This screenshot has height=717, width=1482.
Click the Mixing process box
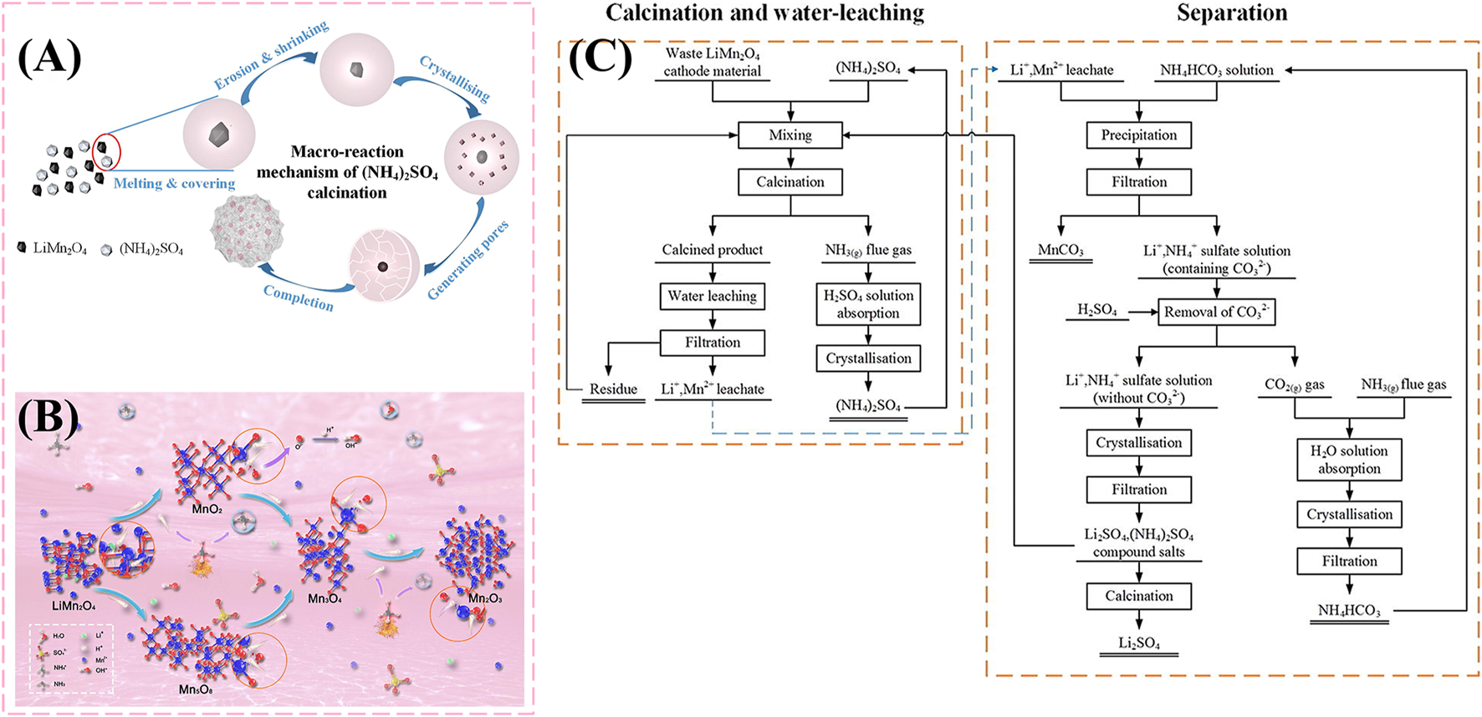coord(790,135)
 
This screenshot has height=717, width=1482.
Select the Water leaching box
coord(712,296)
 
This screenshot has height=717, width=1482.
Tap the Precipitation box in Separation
coord(1138,135)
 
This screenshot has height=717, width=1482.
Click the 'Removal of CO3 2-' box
coord(1216,312)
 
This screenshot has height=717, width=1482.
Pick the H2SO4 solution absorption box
coord(868,304)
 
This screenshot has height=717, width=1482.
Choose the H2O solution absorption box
coord(1348,460)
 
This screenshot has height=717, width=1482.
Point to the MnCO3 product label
coord(1060,251)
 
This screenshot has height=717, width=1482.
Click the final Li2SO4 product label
coord(1138,643)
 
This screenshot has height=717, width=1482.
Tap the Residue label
coord(613,389)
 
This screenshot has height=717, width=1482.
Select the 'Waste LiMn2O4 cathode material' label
coord(712,63)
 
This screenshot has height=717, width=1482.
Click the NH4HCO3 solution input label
coord(1216,71)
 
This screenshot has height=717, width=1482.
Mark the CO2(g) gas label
coord(1294,385)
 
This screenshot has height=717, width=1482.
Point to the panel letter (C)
coord(600,58)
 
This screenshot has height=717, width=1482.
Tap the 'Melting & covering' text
coord(174,184)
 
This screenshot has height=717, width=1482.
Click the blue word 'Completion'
coord(299,297)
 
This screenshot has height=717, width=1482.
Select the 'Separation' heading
coord(1231,13)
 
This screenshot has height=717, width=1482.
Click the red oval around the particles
coord(107,153)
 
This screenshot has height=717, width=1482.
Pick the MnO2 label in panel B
coord(207,509)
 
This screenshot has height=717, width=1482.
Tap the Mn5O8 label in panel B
coord(196,690)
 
